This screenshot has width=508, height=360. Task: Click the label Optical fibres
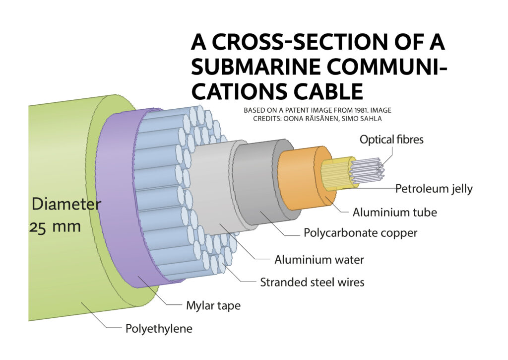click(x=391, y=140)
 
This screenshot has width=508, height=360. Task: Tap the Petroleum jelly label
click(x=434, y=189)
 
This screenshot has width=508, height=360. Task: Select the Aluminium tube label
click(x=394, y=213)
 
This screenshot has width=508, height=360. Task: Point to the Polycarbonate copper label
click(x=360, y=233)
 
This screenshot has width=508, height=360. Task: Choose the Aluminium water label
click(x=319, y=260)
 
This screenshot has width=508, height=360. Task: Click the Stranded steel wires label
click(x=312, y=282)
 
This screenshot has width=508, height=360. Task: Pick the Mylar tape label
click(x=213, y=305)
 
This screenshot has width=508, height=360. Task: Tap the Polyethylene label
click(x=159, y=329)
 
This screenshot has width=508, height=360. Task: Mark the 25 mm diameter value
click(x=55, y=226)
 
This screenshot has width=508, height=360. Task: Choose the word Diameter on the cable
click(x=66, y=204)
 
